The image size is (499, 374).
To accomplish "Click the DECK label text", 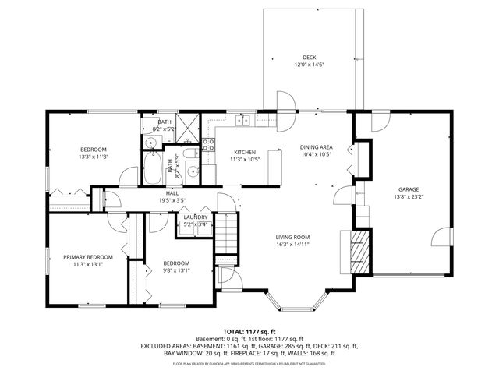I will (x=309, y=57).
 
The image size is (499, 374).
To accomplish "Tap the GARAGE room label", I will (x=409, y=189).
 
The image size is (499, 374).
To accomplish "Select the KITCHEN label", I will (x=245, y=152).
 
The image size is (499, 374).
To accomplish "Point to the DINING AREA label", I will (x=316, y=146).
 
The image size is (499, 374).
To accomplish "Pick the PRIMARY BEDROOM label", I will (x=88, y=256).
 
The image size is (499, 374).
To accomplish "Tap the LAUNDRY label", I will (x=195, y=217).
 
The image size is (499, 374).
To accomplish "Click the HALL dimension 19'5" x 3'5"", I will (x=172, y=200).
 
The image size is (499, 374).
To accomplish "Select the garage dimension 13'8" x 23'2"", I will (x=409, y=197).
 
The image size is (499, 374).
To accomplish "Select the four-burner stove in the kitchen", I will (x=208, y=143).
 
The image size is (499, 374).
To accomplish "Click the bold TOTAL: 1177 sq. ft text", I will (x=249, y=331).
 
